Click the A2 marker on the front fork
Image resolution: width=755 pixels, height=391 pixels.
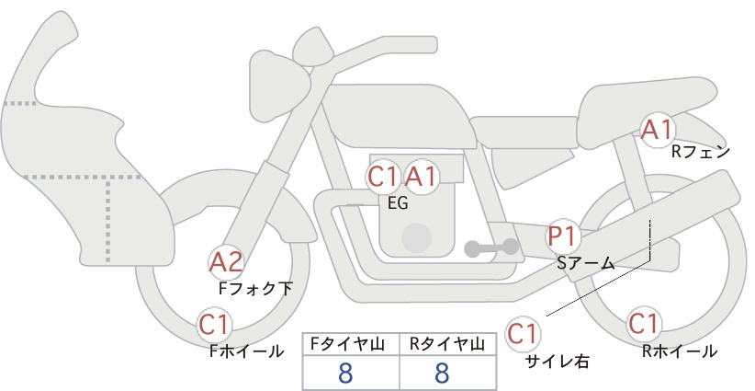coord(226,263)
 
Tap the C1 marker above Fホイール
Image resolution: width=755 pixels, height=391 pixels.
coord(214,325)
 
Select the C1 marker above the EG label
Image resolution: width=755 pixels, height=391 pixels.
coord(383,177)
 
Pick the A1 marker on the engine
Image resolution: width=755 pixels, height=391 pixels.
coord(421,177)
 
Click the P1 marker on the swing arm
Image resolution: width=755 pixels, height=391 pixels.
coord(562,236)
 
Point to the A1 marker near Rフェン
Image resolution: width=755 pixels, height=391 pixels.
coord(657,130)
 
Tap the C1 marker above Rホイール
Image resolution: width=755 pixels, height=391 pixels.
coord(644,324)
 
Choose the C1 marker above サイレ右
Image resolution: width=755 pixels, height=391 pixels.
coord(523,334)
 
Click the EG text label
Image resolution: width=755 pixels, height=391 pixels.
coord(398,203)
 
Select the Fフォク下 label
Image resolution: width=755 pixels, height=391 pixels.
coord(255,288)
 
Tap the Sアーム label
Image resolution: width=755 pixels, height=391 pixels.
coord(585,263)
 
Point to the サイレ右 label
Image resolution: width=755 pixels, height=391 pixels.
coord(558,362)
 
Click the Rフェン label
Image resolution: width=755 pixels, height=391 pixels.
coord(701,152)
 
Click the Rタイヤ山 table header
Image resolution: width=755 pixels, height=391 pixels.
coord(446,344)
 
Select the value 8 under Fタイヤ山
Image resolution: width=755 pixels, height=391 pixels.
coord(345,373)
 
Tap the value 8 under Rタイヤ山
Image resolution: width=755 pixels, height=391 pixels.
coord(442,373)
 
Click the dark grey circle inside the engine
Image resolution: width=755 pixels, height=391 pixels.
coord(416,237)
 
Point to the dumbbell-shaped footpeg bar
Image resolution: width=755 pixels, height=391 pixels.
coord(491,247)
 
